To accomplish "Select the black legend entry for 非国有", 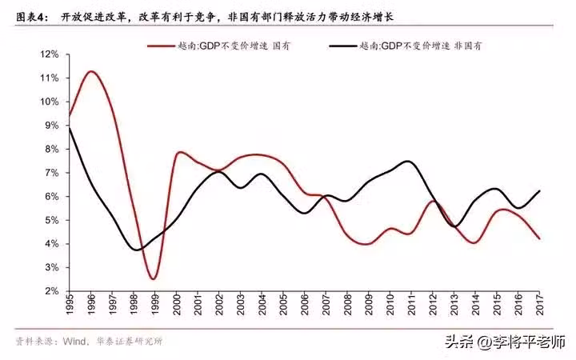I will [420, 46].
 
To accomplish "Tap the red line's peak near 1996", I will [90, 72].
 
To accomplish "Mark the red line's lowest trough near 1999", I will [154, 278].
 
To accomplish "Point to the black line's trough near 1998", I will [138, 250].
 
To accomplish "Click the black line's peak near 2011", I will [408, 162].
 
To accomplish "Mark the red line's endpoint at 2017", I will [541, 238].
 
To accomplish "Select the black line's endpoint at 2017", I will [541, 190].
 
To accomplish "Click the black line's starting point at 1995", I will [70, 128].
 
